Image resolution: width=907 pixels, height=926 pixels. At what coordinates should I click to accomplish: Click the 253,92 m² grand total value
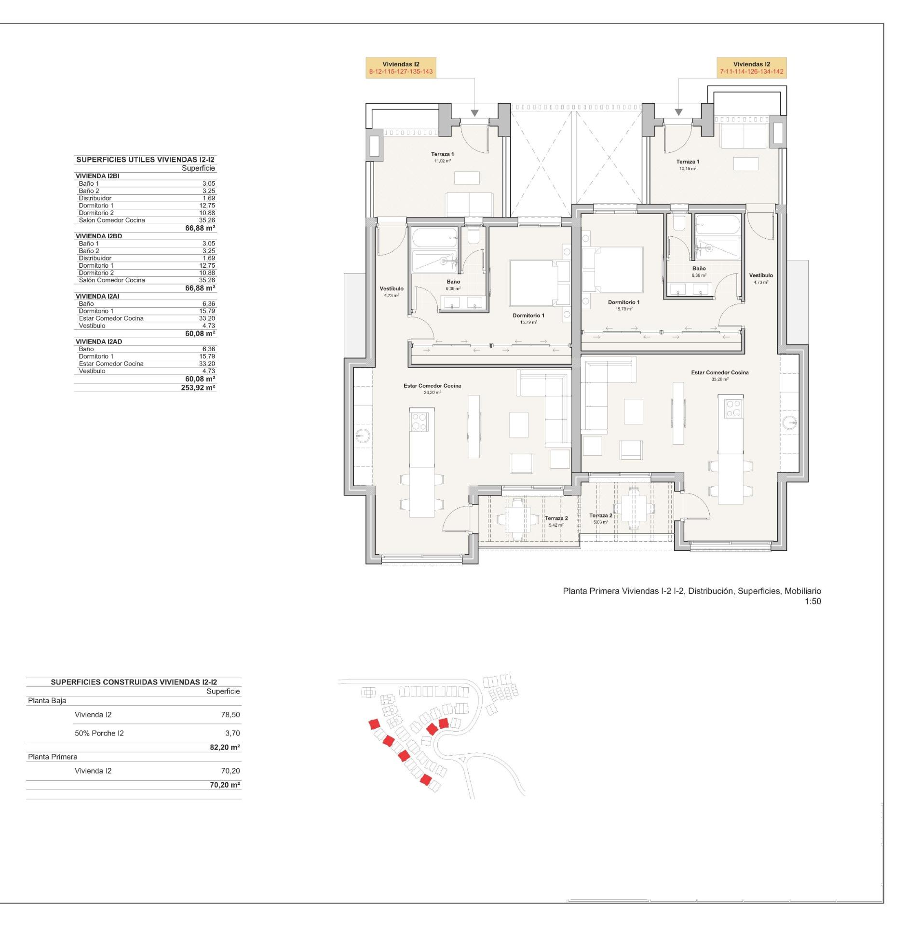[x=201, y=388]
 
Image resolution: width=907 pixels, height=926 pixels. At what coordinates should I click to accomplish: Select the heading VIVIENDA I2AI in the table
[x=97, y=296]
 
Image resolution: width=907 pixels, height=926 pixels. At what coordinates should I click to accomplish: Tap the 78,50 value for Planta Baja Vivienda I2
[x=230, y=715]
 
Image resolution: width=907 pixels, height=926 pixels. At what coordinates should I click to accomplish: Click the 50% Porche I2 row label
[x=99, y=733]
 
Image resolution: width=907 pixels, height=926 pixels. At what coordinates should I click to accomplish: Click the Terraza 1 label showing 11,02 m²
[x=442, y=157]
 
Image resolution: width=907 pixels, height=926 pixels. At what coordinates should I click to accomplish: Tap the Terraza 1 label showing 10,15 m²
[x=688, y=164]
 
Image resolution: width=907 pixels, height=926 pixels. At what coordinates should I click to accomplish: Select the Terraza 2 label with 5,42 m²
[x=556, y=521]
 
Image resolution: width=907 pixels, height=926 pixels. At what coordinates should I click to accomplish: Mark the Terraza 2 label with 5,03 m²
[x=600, y=518]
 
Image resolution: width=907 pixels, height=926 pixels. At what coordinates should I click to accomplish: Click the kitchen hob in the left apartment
[x=419, y=422]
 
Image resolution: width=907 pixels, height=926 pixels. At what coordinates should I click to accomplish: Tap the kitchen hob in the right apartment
[x=733, y=409]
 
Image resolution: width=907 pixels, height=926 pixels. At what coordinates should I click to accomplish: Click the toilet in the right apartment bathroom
[x=679, y=223]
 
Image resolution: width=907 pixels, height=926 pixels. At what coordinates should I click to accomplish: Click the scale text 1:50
[x=812, y=601]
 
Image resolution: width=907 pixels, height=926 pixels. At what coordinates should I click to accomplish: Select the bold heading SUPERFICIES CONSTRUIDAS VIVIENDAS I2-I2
[x=134, y=682]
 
